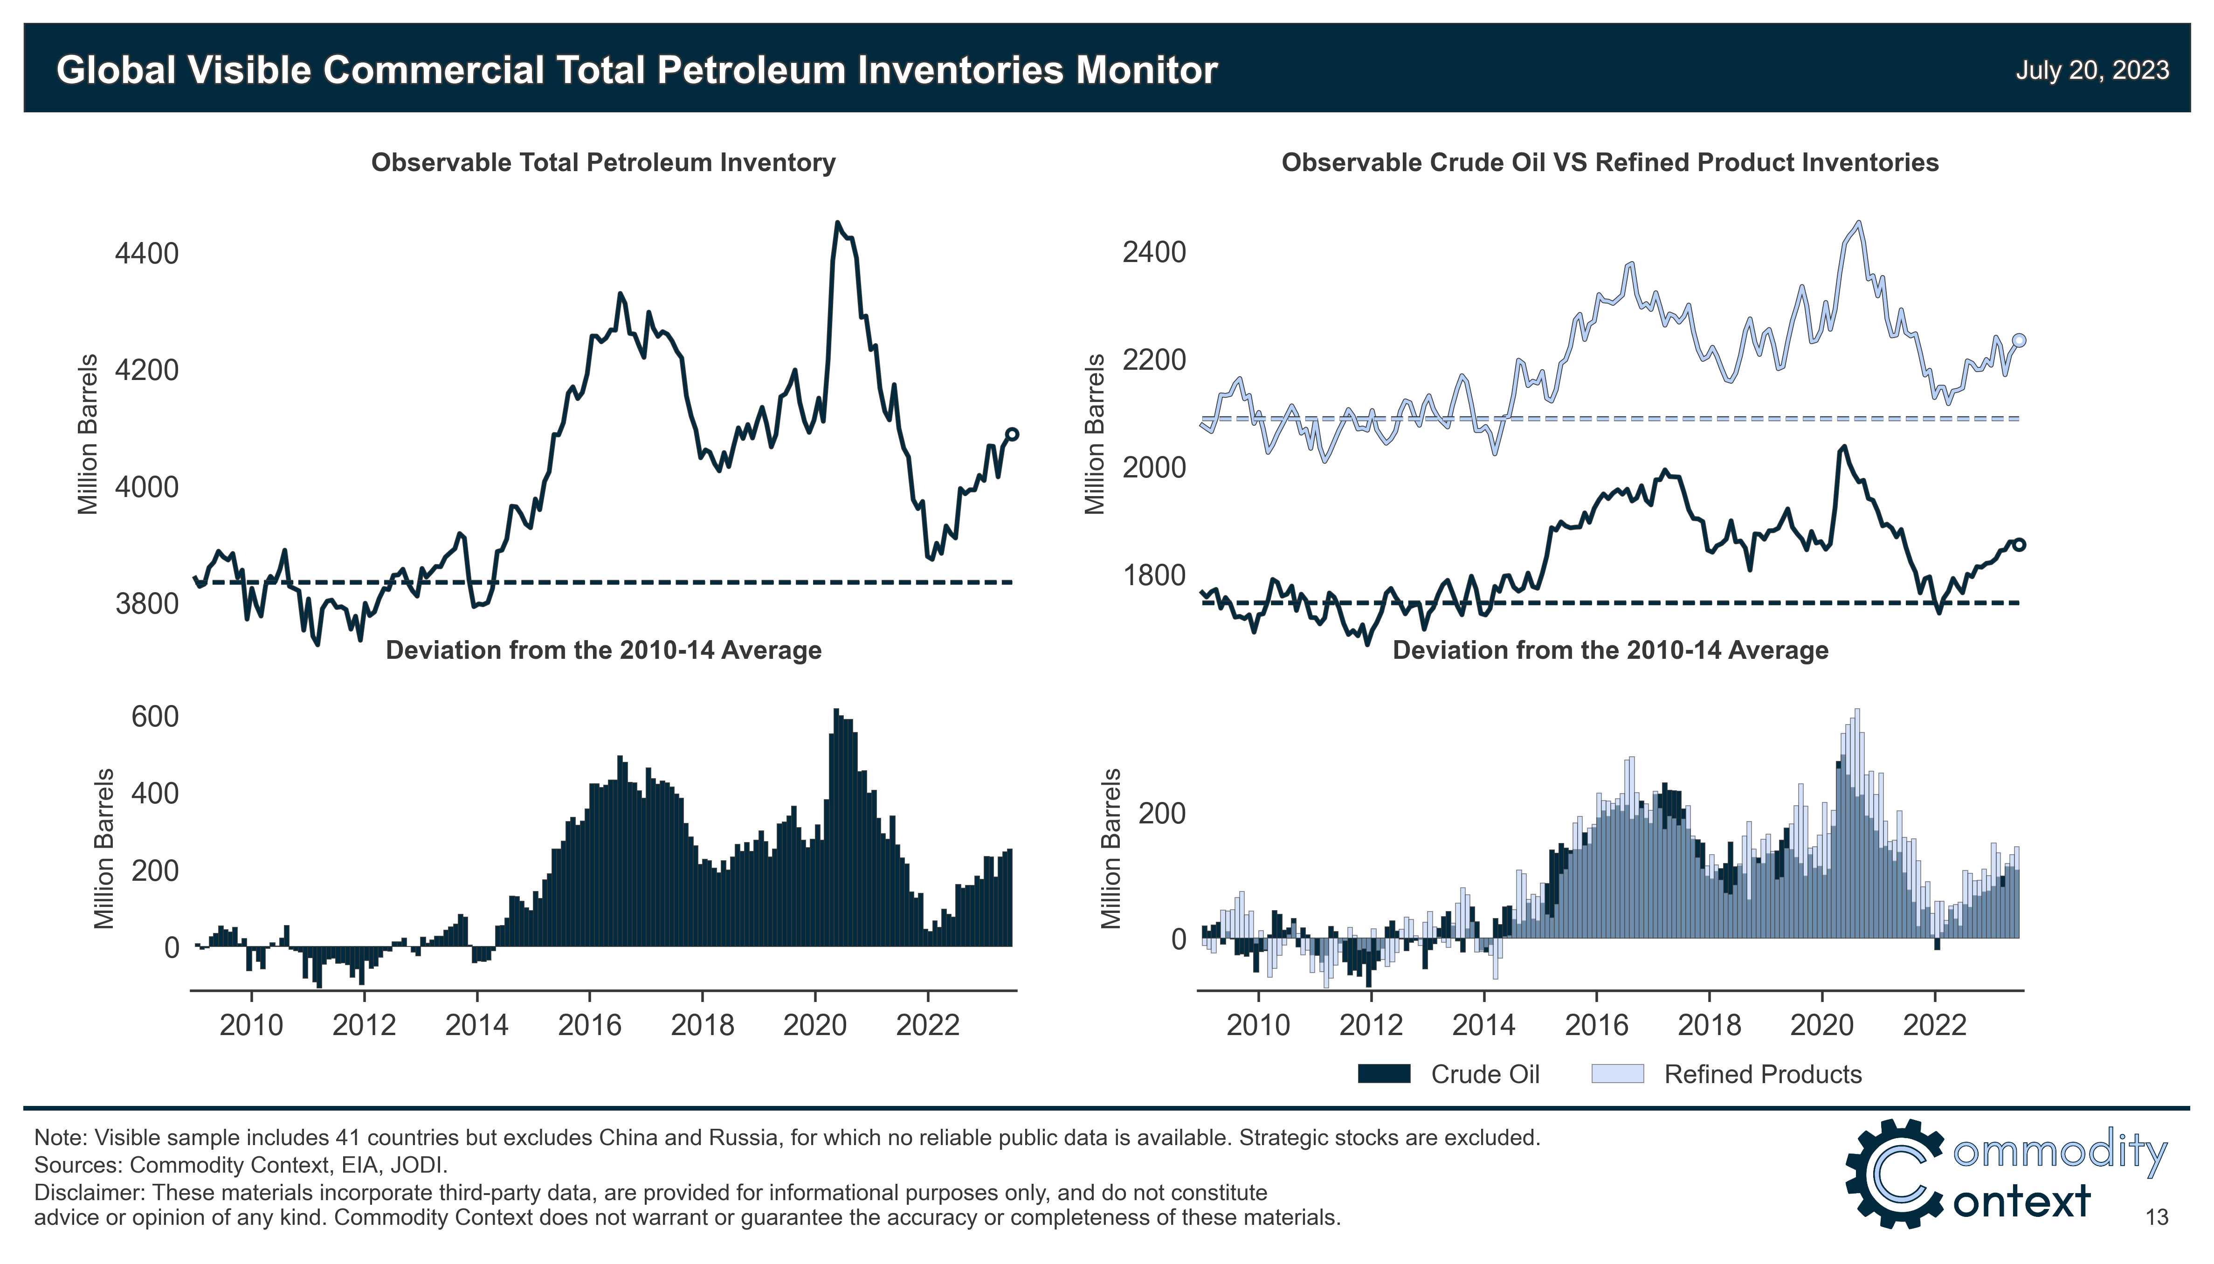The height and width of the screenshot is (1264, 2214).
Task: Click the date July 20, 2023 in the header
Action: [x=2092, y=70]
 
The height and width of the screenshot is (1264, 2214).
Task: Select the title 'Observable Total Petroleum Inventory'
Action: [x=603, y=162]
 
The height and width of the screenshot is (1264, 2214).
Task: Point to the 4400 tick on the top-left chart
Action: [x=147, y=254]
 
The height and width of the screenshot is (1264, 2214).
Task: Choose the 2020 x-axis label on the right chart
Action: [x=1822, y=1025]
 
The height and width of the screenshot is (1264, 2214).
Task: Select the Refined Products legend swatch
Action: [x=1617, y=1074]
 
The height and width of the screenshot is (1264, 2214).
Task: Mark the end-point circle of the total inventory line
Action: [x=1012, y=434]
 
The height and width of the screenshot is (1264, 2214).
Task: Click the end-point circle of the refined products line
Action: [x=2019, y=340]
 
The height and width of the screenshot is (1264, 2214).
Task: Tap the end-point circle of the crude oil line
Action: [x=2019, y=544]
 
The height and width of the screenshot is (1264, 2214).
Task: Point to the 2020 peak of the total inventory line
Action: [x=837, y=223]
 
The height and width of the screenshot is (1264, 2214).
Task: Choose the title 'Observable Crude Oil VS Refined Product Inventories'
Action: [x=1610, y=162]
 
